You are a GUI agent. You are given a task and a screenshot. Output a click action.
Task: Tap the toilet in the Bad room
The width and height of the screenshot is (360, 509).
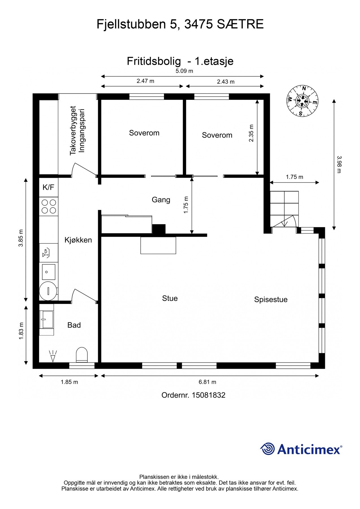82,355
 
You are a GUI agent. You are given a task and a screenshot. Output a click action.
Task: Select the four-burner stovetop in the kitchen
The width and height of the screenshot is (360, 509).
49,206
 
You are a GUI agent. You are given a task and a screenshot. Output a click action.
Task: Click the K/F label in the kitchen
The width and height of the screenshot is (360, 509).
48,187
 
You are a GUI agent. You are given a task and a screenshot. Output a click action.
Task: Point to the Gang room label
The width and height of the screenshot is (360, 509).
161,200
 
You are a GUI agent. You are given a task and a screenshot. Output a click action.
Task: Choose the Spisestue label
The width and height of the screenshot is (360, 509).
271,300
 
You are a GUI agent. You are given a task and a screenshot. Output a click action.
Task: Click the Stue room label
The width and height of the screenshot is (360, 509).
170,298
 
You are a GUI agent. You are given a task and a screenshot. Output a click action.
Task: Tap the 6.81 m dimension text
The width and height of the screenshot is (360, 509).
207,382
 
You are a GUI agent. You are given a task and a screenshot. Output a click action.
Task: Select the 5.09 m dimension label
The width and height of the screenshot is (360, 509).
184,71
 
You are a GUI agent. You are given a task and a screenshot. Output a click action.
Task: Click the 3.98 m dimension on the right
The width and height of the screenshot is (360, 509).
339,164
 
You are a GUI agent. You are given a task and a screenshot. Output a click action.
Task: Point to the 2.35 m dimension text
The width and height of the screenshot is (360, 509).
251,133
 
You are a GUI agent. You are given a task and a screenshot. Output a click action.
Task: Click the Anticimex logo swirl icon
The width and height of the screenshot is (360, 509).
267,449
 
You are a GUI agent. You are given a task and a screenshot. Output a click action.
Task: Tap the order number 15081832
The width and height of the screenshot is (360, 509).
209,395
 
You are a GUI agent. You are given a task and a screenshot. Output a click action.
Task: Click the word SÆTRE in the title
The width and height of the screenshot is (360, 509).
240,24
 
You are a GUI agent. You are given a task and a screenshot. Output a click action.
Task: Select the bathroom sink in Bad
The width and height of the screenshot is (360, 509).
47,320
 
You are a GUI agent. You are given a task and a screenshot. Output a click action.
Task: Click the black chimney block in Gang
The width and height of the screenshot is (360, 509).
159,229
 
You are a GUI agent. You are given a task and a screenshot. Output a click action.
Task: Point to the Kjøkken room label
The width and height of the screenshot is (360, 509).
78,240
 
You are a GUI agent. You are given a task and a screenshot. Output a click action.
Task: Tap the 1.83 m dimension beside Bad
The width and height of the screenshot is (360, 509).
21,331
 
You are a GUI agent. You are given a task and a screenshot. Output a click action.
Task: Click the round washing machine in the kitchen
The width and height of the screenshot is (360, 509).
48,291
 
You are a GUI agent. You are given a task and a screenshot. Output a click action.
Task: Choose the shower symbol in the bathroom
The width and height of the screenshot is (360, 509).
53,356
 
